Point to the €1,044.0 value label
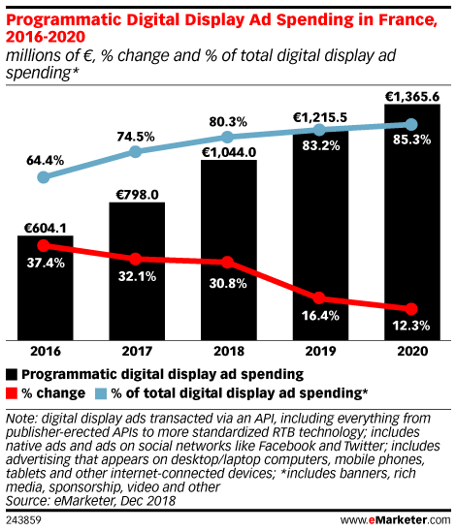[228, 152]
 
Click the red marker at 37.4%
[45, 246]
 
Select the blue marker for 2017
[137, 152]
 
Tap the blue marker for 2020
[412, 124]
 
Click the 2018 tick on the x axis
[228, 354]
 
